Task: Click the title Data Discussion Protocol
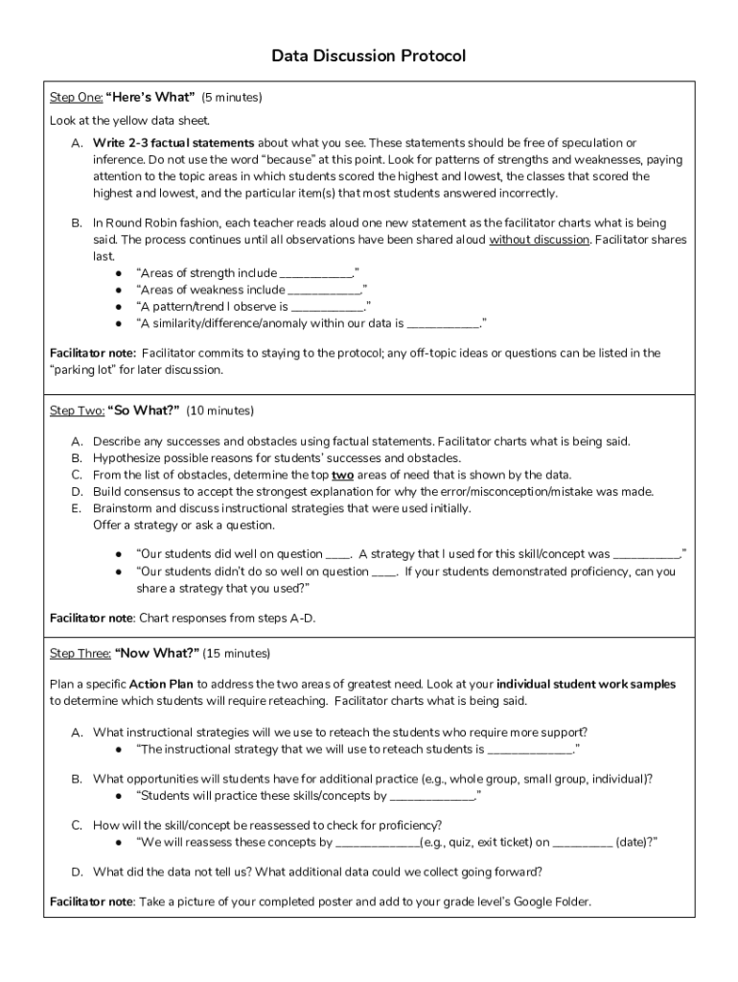(368, 57)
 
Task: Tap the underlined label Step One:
(75, 97)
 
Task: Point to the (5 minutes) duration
(231, 97)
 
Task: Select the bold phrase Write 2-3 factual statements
(173, 143)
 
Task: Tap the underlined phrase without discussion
(539, 240)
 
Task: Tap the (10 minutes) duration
(219, 410)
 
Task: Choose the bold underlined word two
(342, 475)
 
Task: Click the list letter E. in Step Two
(76, 508)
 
